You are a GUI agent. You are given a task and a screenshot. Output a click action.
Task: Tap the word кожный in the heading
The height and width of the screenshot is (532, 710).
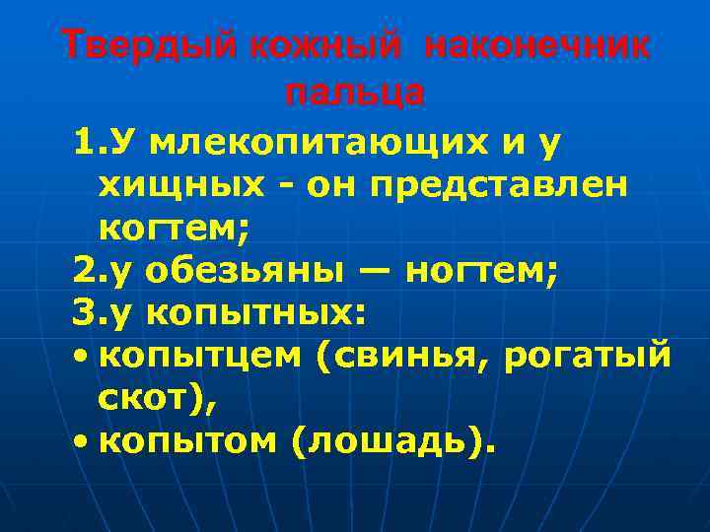(x=306, y=45)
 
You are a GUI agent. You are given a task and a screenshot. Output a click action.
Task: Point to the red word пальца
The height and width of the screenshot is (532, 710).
(x=355, y=93)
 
